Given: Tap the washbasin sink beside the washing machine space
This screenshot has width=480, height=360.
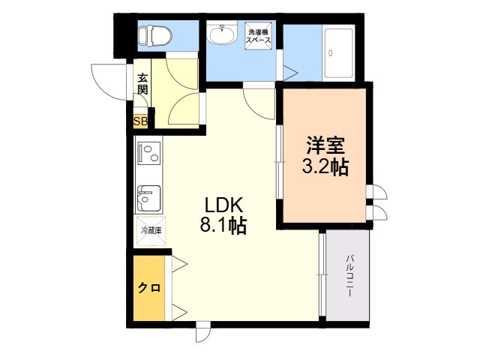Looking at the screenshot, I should click(x=222, y=34).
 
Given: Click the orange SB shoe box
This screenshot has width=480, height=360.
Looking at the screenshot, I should click(x=140, y=121).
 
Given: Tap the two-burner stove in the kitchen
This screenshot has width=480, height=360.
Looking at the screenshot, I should click(x=148, y=155).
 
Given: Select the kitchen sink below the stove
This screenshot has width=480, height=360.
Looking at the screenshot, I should click(x=147, y=198).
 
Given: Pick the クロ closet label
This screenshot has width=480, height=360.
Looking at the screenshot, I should click(x=148, y=289).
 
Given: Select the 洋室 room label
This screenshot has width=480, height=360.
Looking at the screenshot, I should click(x=324, y=144).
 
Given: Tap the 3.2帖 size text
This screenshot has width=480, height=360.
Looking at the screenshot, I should click(x=324, y=166).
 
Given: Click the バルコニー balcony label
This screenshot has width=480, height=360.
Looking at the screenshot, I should click(x=350, y=277).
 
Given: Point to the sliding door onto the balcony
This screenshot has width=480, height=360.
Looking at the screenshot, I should click(x=322, y=276).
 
